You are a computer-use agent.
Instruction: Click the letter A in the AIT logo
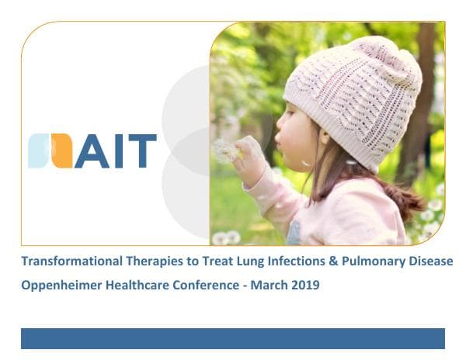(x=92, y=151)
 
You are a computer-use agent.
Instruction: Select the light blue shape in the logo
(x=39, y=151)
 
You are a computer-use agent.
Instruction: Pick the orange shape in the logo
(x=62, y=151)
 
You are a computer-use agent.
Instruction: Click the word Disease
(x=426, y=262)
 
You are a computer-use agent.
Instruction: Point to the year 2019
(x=305, y=286)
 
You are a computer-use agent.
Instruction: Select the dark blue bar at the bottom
(x=232, y=338)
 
